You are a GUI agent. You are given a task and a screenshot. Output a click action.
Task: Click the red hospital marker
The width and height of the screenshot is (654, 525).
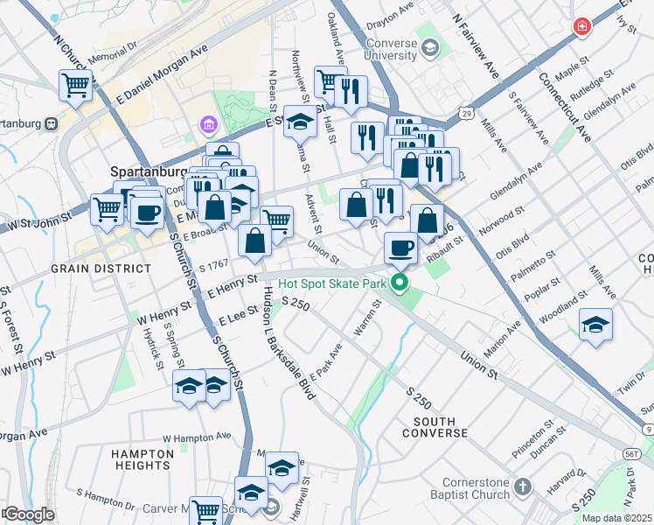coord(581,28)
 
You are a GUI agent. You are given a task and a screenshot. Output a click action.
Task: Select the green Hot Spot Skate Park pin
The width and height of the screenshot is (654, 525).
coord(400,283)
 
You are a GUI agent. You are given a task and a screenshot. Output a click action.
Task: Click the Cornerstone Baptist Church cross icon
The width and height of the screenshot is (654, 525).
coord(522,485)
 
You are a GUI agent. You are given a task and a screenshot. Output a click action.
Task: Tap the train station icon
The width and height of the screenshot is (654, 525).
coord(52,123)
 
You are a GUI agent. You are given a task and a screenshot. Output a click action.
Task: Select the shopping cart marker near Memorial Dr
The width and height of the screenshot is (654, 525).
coord(76,86)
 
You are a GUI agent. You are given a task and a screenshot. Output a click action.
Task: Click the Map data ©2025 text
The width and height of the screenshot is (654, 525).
coord(616,517)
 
